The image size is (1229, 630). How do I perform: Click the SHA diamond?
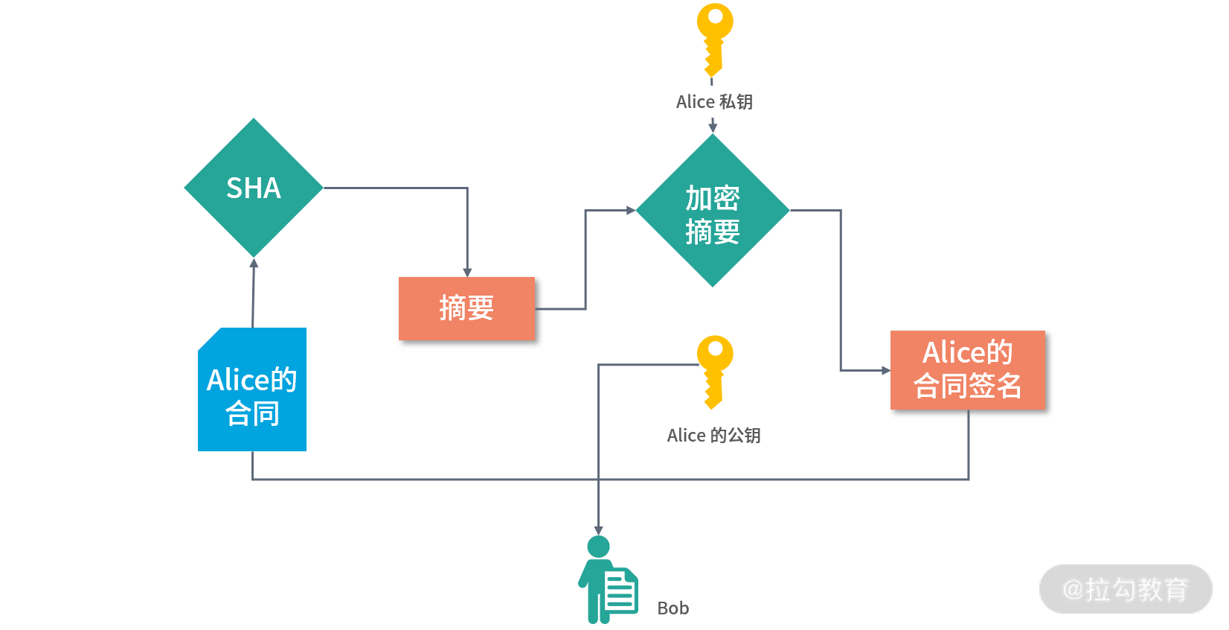(254, 188)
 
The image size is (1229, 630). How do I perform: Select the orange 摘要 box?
(466, 308)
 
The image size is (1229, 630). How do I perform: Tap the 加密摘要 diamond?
(713, 211)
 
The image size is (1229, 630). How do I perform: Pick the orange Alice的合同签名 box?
(967, 369)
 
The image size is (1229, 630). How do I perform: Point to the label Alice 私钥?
(714, 102)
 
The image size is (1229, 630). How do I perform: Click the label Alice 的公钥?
(713, 436)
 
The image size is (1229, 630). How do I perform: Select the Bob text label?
(673, 608)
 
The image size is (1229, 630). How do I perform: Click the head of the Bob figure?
(598, 547)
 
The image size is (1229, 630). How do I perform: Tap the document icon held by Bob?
(620, 591)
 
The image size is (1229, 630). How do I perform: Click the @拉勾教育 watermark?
(1125, 590)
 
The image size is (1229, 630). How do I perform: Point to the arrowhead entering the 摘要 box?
(467, 273)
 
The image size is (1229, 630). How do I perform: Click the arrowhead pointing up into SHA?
(254, 263)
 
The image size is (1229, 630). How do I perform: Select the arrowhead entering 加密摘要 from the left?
(631, 211)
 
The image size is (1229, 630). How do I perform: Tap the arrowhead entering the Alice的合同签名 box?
(885, 370)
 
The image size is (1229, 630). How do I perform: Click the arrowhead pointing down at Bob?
(598, 530)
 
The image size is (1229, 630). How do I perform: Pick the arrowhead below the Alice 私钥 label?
(713, 128)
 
